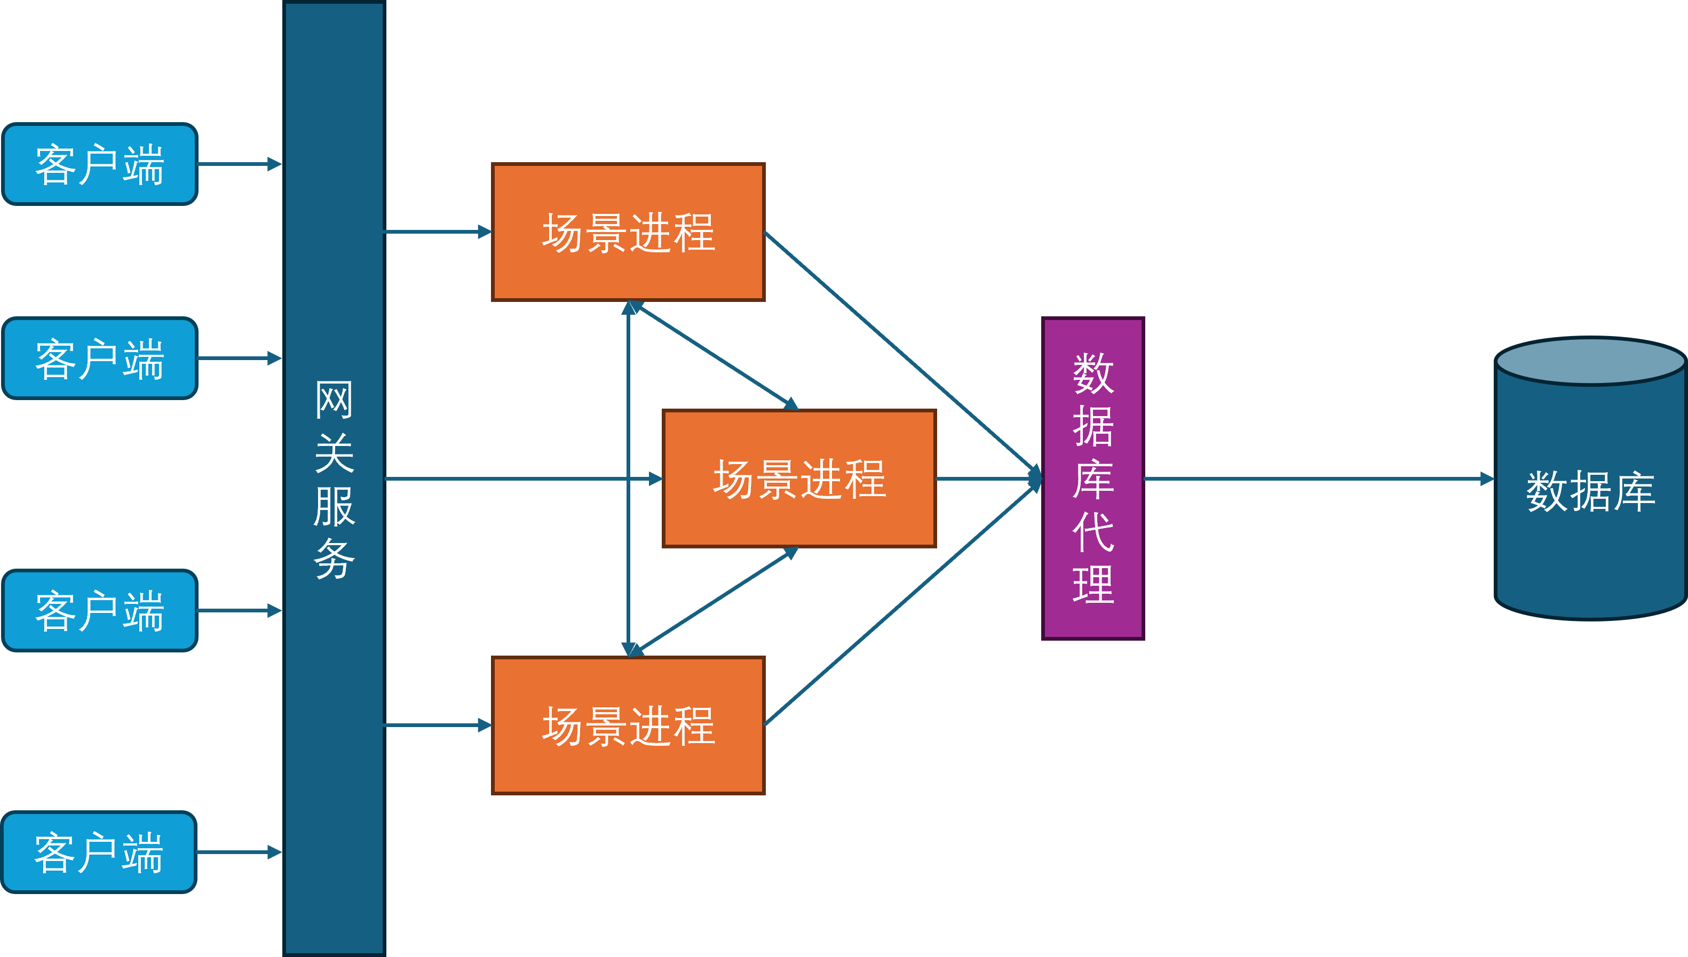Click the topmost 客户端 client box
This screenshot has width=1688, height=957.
(99, 164)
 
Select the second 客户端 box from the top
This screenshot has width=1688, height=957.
(99, 358)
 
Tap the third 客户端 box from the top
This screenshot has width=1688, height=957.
(99, 611)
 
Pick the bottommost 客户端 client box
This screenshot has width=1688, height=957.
(99, 852)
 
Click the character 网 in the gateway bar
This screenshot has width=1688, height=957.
(334, 400)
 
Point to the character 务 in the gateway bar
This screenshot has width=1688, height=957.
(334, 560)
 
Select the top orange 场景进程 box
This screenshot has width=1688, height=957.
(628, 232)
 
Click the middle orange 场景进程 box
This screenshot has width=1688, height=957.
(799, 478)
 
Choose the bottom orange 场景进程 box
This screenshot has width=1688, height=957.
(628, 725)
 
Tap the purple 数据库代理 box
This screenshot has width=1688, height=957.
(1093, 478)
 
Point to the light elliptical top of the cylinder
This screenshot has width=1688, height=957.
(1590, 362)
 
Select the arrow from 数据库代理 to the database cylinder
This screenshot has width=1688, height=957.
(1315, 478)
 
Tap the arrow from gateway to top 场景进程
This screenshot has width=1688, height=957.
(437, 232)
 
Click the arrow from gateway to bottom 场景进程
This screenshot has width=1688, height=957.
(437, 725)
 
